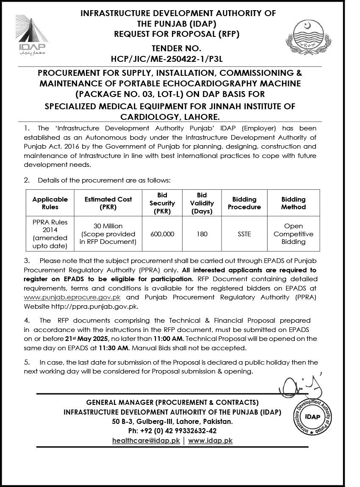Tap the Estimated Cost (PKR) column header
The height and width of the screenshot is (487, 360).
[108, 203]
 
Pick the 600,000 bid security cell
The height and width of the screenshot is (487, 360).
[162, 234]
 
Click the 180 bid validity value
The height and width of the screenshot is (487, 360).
[202, 234]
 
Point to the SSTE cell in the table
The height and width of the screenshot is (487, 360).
[244, 234]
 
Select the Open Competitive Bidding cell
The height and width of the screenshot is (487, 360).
[293, 234]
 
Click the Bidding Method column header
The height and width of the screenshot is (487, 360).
[293, 203]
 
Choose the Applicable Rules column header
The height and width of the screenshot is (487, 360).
[50, 203]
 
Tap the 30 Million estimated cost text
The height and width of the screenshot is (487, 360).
[108, 226]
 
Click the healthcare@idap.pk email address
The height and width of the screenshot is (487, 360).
[146, 440]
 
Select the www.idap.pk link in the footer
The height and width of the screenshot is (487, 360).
[210, 440]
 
